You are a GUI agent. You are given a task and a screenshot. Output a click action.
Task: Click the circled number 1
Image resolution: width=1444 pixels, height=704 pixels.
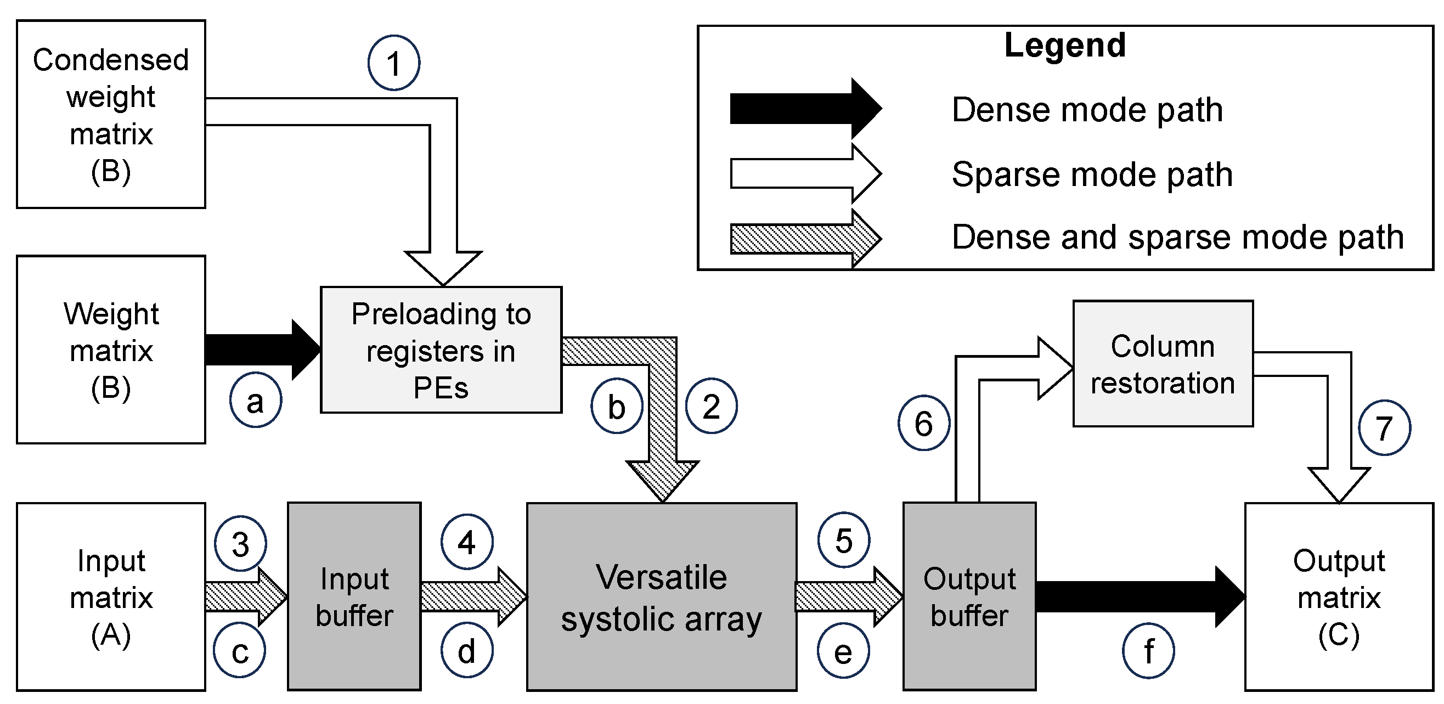(393, 63)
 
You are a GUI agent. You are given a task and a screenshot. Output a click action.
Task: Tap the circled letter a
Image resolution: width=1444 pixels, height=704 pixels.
(255, 400)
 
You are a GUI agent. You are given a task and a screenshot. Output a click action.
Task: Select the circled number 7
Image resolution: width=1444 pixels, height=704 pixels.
(1384, 427)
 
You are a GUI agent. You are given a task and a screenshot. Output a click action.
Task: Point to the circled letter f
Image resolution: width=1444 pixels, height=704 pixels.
(1148, 651)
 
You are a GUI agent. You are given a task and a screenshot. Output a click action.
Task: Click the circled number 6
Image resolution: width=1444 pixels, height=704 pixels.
(923, 423)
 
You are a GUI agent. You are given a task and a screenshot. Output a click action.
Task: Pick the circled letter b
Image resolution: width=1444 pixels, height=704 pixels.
(616, 406)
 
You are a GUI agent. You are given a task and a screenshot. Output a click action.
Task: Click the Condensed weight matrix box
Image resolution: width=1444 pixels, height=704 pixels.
(111, 114)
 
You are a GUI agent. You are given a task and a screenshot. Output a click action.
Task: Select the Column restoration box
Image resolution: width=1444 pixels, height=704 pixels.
(1163, 364)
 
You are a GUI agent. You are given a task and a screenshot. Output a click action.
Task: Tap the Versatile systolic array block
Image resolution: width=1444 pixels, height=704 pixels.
(662, 597)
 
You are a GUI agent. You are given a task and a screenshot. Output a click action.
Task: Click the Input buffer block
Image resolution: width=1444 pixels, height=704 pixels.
(354, 597)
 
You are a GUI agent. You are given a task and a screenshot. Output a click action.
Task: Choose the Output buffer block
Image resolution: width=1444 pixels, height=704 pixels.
(969, 597)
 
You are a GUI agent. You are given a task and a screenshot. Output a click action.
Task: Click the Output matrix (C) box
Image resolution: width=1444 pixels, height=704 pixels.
(1339, 597)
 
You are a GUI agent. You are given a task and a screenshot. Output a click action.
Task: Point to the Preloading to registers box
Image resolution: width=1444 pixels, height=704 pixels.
(441, 350)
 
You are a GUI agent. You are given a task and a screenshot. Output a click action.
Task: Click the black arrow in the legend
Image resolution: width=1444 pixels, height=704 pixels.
(805, 109)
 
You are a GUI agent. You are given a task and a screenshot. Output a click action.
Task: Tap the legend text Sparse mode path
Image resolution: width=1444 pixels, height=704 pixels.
(1092, 174)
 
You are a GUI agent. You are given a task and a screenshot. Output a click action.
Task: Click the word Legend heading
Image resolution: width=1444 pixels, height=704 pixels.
(1064, 45)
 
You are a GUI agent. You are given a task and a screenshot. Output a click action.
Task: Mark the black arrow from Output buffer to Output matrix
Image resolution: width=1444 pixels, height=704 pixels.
(1138, 596)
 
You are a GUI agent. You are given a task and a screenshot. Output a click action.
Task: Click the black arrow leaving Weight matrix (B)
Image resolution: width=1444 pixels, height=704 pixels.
(261, 350)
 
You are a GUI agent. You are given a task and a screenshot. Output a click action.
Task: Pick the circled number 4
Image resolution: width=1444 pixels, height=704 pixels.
(466, 542)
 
